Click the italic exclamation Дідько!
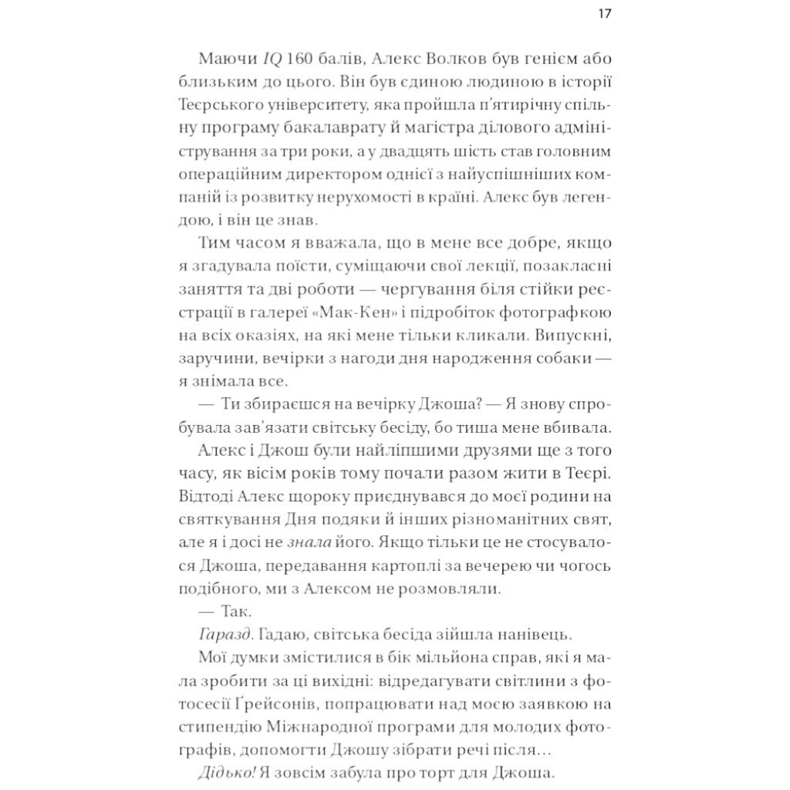tap(227, 772)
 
